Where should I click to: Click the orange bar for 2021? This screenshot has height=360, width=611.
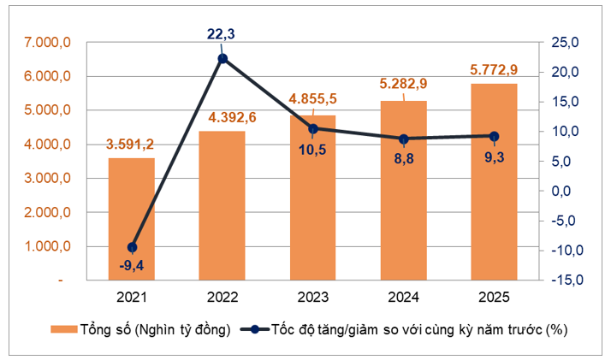click(131, 219)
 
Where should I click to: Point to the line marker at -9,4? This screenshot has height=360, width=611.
click(132, 247)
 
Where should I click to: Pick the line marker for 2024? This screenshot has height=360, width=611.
click(404, 139)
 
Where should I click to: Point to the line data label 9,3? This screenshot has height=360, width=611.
click(495, 156)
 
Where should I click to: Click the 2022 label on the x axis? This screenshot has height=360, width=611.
click(222, 297)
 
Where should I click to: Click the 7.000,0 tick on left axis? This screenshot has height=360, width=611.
click(47, 42)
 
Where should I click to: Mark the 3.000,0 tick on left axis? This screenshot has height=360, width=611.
click(47, 178)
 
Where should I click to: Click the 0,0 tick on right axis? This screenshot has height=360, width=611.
click(561, 191)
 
